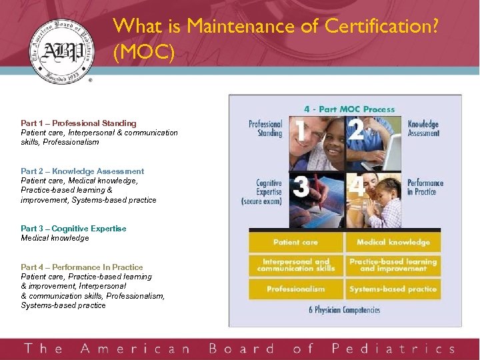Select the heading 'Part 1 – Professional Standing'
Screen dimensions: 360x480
pyautogui.click(x=79, y=123)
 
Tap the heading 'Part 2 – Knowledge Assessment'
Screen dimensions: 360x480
pyautogui.click(x=83, y=171)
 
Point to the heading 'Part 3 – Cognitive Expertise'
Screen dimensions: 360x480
pyautogui.click(x=73, y=229)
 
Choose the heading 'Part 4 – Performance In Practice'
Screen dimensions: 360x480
pyautogui.click(x=82, y=267)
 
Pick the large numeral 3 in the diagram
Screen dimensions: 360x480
pyautogui.click(x=301, y=186)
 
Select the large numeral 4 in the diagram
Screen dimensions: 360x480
pyautogui.click(x=357, y=186)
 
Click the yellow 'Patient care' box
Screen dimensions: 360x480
pyautogui.click(x=295, y=242)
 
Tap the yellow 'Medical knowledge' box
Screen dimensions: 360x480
pyautogui.click(x=393, y=242)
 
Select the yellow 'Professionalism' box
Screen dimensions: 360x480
pyautogui.click(x=295, y=289)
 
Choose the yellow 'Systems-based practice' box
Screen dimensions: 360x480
pyautogui.click(x=393, y=289)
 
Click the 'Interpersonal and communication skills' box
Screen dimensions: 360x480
pyautogui.click(x=295, y=265)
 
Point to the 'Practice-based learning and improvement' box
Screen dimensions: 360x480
pyautogui.click(x=393, y=265)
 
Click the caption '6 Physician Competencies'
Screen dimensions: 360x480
pyautogui.click(x=344, y=310)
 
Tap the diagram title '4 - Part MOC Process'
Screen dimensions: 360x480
pyautogui.click(x=349, y=109)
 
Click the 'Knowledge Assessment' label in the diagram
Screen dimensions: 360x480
pyautogui.click(x=423, y=129)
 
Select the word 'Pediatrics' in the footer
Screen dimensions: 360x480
pyautogui.click(x=393, y=349)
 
